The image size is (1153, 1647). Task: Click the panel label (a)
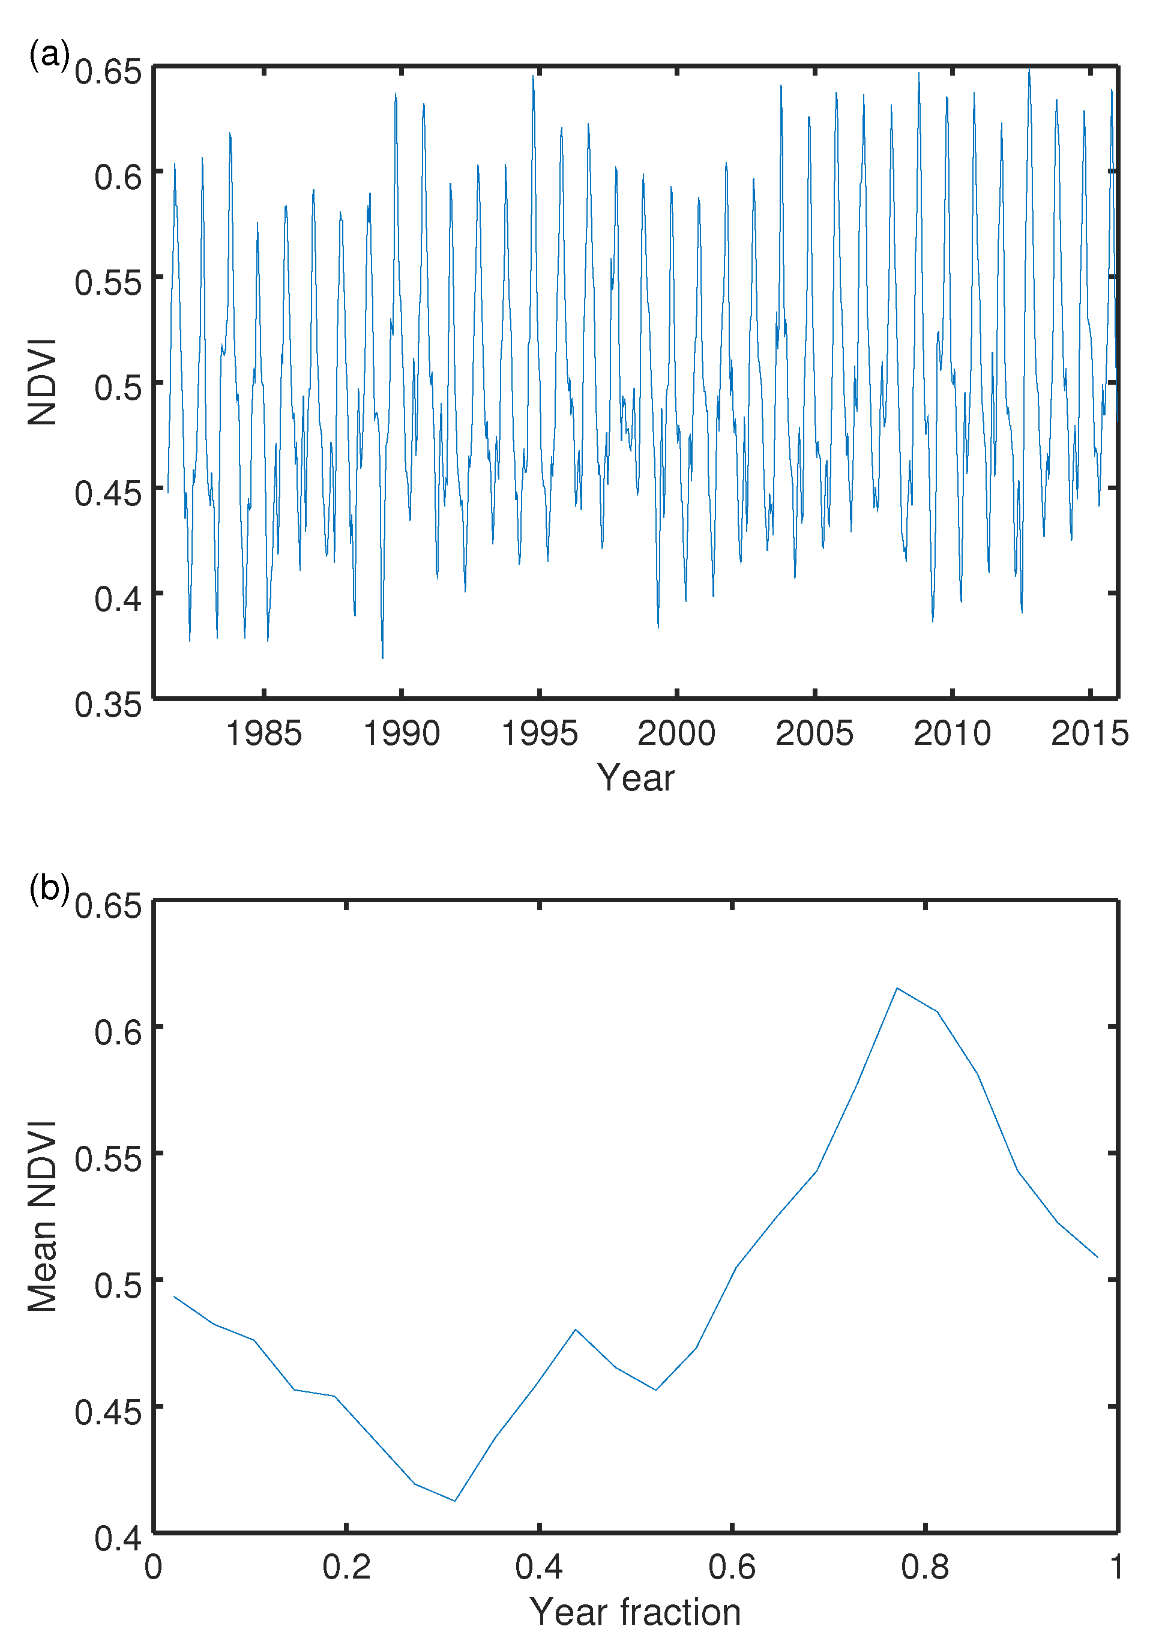click(49, 55)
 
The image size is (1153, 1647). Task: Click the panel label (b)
click(49, 888)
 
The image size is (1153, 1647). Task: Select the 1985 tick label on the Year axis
click(263, 733)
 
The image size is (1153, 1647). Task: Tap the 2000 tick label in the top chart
click(676, 733)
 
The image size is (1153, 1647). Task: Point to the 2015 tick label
click(1089, 733)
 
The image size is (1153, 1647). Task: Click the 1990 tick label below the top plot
click(401, 733)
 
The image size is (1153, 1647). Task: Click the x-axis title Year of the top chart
click(635, 778)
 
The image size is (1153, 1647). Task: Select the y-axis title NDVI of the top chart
click(43, 382)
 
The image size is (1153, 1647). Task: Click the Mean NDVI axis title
click(43, 1215)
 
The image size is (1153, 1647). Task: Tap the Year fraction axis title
click(635, 1612)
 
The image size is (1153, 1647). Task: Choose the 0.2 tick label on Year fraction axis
click(346, 1567)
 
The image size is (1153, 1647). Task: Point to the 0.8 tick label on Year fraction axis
click(925, 1567)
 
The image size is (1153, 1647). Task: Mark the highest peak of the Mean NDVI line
click(897, 988)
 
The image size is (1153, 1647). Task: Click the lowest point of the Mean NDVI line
click(455, 1501)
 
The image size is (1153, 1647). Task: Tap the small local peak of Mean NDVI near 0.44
click(576, 1329)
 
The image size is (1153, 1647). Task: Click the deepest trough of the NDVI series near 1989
click(382, 657)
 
